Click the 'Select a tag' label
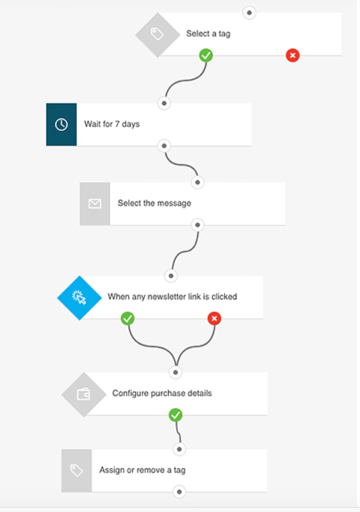[208, 33]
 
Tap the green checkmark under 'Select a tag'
[206, 55]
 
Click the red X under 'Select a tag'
[292, 55]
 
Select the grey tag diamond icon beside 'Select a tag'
[158, 34]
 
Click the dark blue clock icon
[61, 124]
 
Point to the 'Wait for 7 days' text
[111, 124]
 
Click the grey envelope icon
[94, 204]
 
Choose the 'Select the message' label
[154, 203]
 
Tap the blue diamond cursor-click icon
[79, 298]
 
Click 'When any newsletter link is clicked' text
[172, 296]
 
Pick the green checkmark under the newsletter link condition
[127, 318]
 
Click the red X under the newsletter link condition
[214, 318]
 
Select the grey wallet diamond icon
[84, 394]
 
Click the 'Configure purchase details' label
[162, 393]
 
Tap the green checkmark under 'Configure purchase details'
[176, 415]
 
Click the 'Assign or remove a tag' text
[142, 470]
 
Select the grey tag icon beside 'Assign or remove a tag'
[76, 470]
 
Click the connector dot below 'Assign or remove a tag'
[179, 492]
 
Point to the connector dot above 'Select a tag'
[249, 12]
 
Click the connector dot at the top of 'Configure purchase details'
[176, 372]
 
